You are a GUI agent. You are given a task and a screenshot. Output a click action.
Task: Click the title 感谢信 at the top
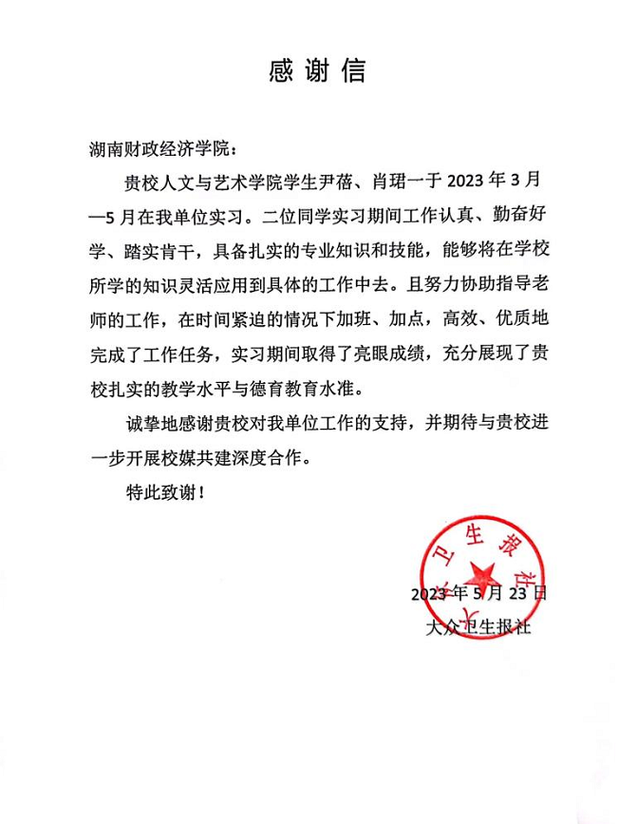[x=309, y=70]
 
